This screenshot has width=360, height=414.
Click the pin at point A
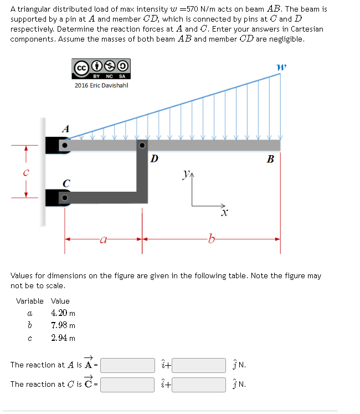[x=65, y=146]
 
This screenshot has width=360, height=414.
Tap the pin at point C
[x=65, y=197]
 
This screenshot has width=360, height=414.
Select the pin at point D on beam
[x=142, y=146]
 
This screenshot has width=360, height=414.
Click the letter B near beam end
[x=270, y=160]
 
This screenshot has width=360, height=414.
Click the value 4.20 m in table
[x=63, y=313]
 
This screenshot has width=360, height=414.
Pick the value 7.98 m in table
[x=63, y=325]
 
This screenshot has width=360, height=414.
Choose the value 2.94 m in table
[x=63, y=338]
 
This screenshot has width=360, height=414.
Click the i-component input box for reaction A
[x=127, y=365]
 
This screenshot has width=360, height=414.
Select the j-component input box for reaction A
[x=198, y=365]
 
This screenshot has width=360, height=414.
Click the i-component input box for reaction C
[x=127, y=384]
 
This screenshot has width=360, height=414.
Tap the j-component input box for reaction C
[x=198, y=384]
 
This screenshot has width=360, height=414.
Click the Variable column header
[x=30, y=301]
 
